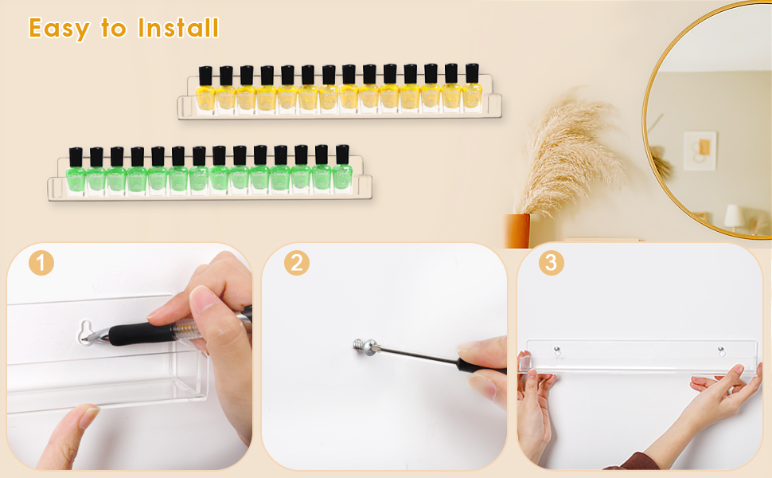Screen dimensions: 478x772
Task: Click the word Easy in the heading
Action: pos(60,28)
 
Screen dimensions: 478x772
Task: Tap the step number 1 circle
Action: pos(41,263)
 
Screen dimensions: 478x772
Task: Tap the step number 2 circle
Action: pos(296,263)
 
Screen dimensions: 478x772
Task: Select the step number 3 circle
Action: pos(551,263)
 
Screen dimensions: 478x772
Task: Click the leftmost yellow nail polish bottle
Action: pos(205,90)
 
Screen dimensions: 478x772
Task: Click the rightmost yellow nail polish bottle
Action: pos(472,88)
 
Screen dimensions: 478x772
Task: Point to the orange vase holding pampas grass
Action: pos(518,230)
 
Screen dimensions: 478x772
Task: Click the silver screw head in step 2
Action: pos(360,347)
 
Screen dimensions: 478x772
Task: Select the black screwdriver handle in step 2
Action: pos(482,367)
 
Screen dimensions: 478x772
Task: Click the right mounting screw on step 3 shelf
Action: pos(720,350)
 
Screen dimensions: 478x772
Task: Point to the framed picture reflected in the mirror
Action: pos(700,150)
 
